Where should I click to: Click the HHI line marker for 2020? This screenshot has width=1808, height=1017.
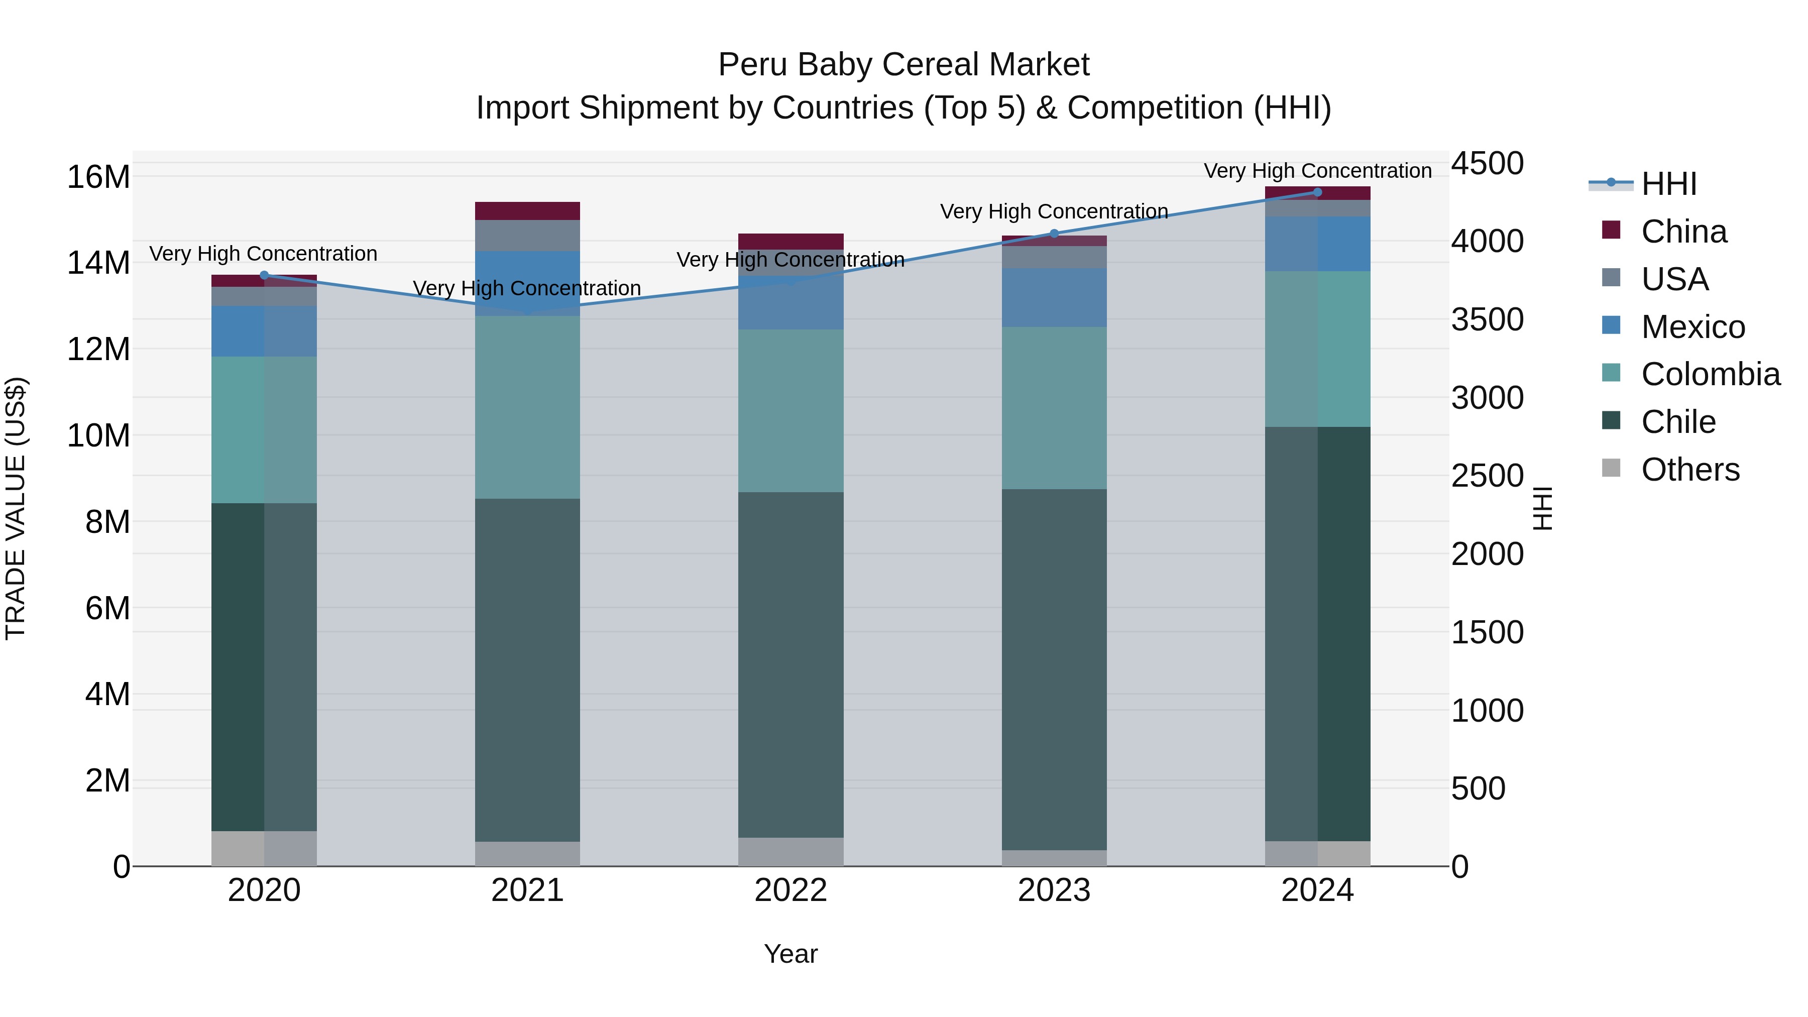[x=264, y=275]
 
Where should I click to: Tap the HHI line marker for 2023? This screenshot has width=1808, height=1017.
[x=1054, y=234]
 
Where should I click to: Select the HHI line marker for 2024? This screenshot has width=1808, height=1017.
[x=1317, y=192]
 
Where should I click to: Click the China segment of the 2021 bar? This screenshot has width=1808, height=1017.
[x=527, y=210]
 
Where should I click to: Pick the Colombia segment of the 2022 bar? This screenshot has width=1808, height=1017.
[x=790, y=411]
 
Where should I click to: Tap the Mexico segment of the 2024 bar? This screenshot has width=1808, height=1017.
[x=1317, y=244]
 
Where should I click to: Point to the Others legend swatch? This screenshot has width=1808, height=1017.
[x=1611, y=468]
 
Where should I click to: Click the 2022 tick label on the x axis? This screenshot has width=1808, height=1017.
[x=790, y=890]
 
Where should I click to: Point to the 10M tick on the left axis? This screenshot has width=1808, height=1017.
[x=98, y=435]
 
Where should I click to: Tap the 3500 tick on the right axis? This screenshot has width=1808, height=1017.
[x=1487, y=319]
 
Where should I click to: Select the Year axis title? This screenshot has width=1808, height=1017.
[x=790, y=954]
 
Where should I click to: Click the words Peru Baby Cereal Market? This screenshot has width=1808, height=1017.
[x=903, y=65]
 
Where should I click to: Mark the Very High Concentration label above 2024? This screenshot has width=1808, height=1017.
[x=1317, y=171]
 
